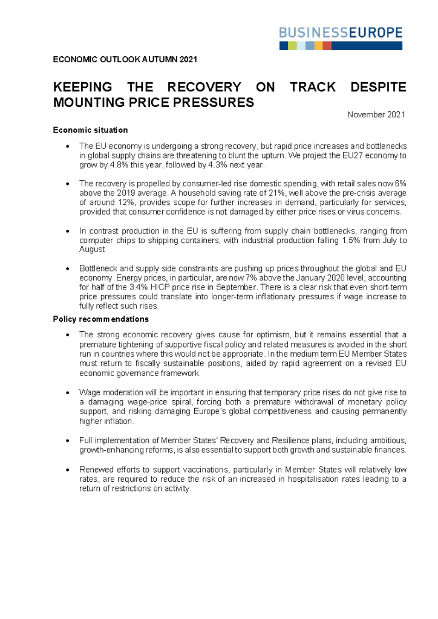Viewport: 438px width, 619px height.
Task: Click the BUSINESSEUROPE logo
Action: [x=341, y=37]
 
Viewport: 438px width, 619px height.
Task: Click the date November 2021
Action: [x=376, y=115]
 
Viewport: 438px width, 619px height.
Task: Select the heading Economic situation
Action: [x=90, y=130]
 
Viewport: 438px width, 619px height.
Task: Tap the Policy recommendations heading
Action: [x=101, y=319]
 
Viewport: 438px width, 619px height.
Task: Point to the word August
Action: [x=93, y=249]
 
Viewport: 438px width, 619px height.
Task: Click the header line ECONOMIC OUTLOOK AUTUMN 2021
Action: [x=125, y=60]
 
